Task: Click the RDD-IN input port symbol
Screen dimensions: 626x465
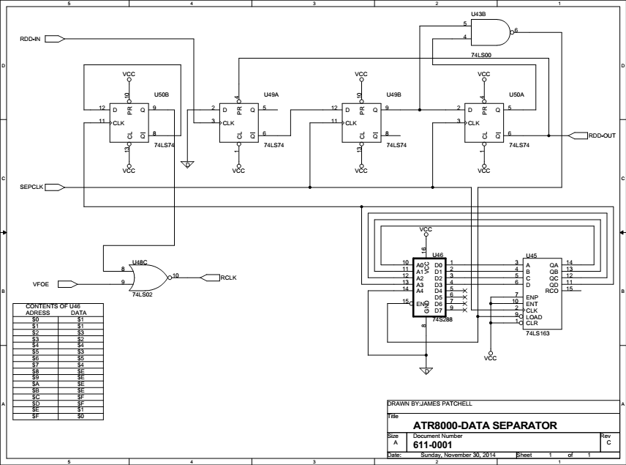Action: pos(55,39)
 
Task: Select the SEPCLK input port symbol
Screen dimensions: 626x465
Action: pos(55,187)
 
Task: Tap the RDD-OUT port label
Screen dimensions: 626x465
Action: pos(602,135)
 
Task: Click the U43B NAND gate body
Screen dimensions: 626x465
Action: pos(491,33)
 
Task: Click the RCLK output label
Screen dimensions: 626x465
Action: pos(228,278)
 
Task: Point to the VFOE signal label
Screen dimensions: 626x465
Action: pos(41,284)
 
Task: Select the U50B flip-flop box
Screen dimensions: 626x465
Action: pos(129,123)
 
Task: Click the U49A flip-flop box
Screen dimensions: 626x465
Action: pos(238,123)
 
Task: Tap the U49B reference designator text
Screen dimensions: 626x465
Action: pos(393,94)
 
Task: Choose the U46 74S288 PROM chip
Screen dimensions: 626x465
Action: pos(429,288)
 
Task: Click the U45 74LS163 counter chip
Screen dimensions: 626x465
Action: pos(543,294)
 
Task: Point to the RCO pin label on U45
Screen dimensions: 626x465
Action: pos(551,291)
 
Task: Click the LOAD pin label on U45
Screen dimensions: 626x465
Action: pos(534,317)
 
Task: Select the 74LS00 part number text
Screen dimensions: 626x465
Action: pos(481,55)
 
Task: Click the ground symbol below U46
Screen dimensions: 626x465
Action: pos(426,371)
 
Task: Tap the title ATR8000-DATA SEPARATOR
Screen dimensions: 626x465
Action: pos(485,425)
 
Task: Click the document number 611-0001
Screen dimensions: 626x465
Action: pos(433,445)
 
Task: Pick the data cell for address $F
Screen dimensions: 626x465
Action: pos(80,416)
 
